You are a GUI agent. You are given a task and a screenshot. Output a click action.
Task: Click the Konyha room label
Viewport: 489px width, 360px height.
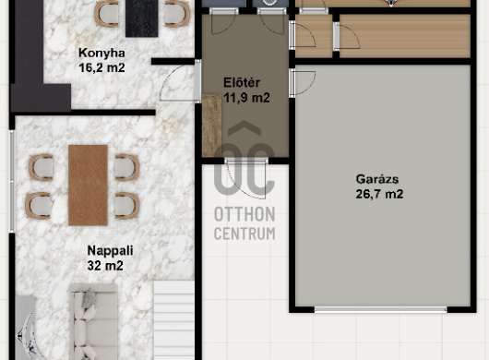(x=101, y=53)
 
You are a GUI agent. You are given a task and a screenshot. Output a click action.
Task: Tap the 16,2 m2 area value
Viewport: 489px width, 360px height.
(x=101, y=67)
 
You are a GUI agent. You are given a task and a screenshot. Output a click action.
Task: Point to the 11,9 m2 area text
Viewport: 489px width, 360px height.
(x=246, y=98)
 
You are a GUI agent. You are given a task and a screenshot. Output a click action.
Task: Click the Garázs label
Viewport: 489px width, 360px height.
(x=377, y=179)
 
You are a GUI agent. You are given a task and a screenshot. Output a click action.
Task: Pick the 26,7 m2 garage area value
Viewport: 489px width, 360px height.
(x=379, y=194)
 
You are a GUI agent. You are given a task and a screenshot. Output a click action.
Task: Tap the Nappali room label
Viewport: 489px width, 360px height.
(x=110, y=250)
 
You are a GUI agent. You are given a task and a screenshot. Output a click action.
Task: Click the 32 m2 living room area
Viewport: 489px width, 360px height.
(x=105, y=266)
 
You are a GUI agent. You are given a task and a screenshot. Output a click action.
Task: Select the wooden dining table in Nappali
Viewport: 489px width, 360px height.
(x=89, y=186)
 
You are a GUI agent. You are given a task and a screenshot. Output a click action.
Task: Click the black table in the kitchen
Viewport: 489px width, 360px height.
(x=142, y=18)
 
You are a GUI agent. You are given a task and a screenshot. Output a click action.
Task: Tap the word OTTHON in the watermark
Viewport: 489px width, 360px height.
(x=244, y=214)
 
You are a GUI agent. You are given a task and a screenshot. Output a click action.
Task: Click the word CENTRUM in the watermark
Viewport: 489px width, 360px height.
(x=244, y=234)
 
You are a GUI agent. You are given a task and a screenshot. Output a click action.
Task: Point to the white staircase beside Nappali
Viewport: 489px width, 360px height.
(x=174, y=320)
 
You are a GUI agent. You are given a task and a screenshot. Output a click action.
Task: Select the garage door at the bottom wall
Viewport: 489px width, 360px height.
(x=380, y=309)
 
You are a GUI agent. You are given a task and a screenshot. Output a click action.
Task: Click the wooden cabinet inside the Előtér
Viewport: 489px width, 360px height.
(x=212, y=126)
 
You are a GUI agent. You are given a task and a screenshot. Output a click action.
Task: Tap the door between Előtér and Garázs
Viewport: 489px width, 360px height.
(x=303, y=83)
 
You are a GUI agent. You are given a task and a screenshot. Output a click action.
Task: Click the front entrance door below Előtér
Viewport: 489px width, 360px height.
(x=246, y=178)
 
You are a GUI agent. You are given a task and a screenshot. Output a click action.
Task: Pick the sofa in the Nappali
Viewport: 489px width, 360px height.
(x=93, y=321)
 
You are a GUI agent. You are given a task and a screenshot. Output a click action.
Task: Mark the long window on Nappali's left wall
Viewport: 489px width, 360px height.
(x=12, y=181)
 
